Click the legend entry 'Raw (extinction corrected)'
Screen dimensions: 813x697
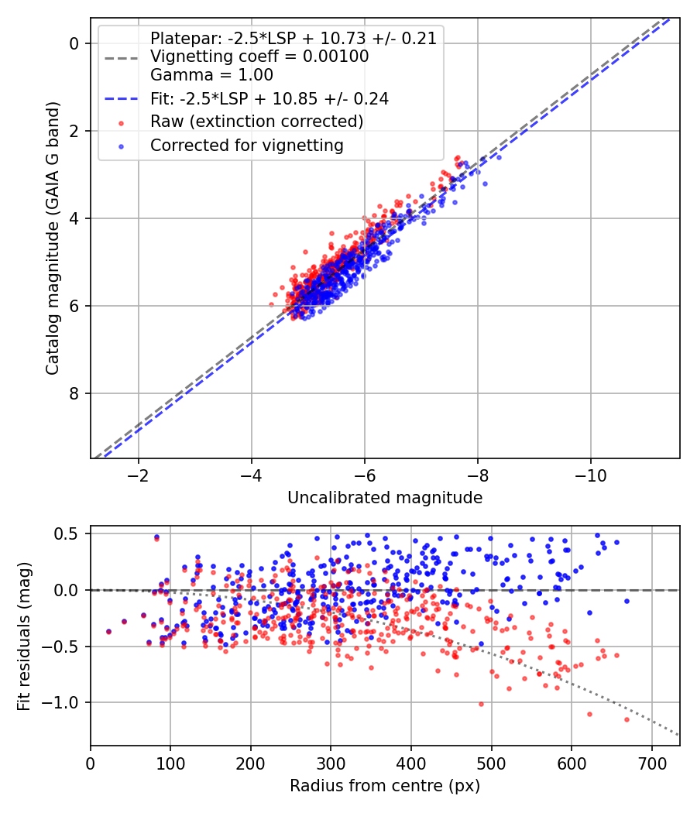coord(256,122)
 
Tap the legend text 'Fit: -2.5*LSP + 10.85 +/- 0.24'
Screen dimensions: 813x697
coord(269,98)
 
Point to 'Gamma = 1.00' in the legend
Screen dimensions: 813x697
coord(211,75)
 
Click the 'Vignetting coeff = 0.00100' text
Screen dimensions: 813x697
coord(259,57)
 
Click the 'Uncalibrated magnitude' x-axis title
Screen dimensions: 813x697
coord(385,498)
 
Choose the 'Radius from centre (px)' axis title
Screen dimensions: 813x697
coord(385,786)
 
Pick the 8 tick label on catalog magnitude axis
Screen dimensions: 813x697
coord(75,393)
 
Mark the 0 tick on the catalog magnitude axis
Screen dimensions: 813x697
coord(75,43)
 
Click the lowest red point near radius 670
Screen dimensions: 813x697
coord(627,719)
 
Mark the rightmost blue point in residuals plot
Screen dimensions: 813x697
coord(627,601)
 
